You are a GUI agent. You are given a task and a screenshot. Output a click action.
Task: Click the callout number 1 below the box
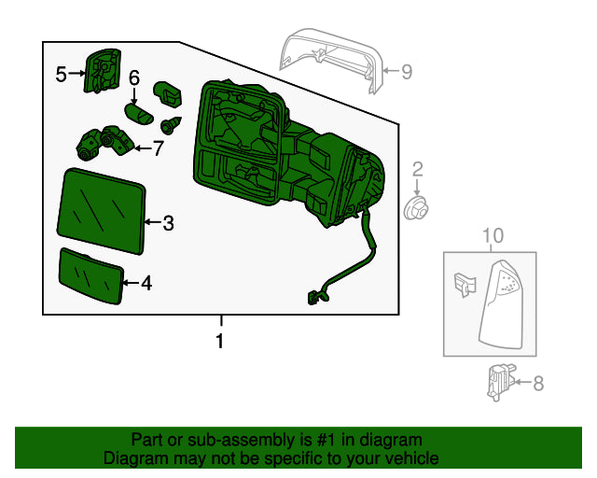[x=220, y=342]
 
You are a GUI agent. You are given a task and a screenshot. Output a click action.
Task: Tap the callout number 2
[x=417, y=169]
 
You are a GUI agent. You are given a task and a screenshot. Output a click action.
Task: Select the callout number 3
[x=168, y=223]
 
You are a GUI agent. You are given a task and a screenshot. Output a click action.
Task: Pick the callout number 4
[x=146, y=282]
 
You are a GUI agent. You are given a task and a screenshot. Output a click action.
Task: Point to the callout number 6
[x=134, y=78]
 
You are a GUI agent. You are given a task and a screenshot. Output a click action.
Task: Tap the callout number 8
[x=537, y=383]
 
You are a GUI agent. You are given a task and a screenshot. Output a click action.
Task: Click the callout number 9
[x=407, y=72]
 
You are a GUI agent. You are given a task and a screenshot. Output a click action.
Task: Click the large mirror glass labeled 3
[x=103, y=210]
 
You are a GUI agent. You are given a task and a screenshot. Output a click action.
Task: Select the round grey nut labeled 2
[x=415, y=206]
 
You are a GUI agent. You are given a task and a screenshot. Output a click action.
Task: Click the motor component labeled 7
[x=103, y=143]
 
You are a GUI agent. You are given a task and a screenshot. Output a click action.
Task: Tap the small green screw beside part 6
[x=171, y=126]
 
